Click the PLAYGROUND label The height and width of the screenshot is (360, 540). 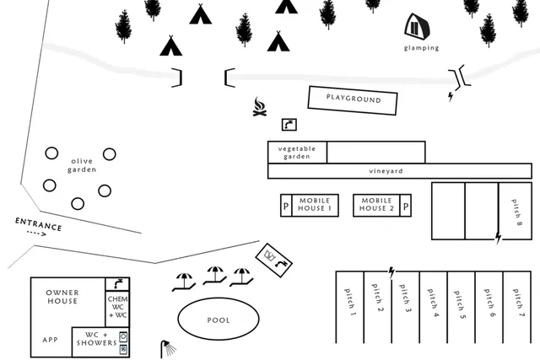(354, 99)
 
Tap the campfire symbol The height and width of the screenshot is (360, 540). (260, 107)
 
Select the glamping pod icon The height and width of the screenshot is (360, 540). (418, 26)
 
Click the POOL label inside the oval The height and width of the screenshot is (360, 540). (219, 320)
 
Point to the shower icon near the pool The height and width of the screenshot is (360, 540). (167, 349)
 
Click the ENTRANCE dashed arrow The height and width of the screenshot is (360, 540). (36, 234)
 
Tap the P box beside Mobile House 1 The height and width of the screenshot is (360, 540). (286, 206)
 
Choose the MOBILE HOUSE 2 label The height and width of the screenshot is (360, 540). (376, 204)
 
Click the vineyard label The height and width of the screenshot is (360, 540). (386, 171)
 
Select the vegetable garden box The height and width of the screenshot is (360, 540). (297, 152)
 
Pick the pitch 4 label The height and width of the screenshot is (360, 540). (433, 303)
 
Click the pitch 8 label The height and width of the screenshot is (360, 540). (516, 212)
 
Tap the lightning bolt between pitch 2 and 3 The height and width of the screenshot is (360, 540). (391, 272)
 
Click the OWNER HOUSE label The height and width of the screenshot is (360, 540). (62, 297)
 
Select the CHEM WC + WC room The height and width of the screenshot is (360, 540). (117, 308)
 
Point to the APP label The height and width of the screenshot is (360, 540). (51, 340)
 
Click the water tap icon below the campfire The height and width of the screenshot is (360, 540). (289, 125)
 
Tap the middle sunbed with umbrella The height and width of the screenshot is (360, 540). (215, 276)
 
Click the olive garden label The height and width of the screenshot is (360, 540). (82, 165)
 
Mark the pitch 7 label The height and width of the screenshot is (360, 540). (518, 303)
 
